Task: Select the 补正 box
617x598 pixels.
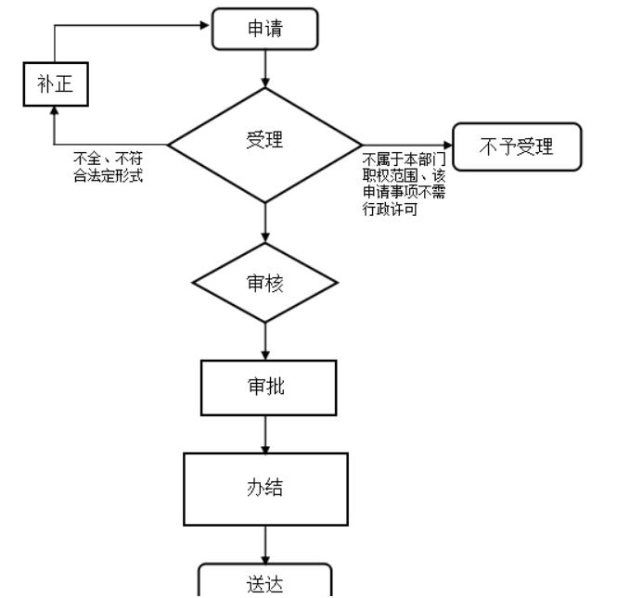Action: click(x=54, y=85)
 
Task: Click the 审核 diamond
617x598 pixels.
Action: click(x=266, y=283)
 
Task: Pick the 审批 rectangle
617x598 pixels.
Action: click(x=266, y=387)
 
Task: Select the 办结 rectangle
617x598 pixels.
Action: click(x=266, y=488)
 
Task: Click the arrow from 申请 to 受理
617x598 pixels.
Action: click(x=266, y=67)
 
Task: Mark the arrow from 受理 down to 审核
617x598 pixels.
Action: click(x=266, y=223)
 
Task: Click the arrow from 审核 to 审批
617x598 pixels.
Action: click(x=266, y=337)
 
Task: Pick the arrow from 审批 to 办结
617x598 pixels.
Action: click(x=266, y=433)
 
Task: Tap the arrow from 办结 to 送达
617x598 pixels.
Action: click(x=266, y=542)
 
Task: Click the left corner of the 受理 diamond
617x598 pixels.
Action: click(x=170, y=145)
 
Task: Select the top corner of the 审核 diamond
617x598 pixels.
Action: click(x=266, y=244)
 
